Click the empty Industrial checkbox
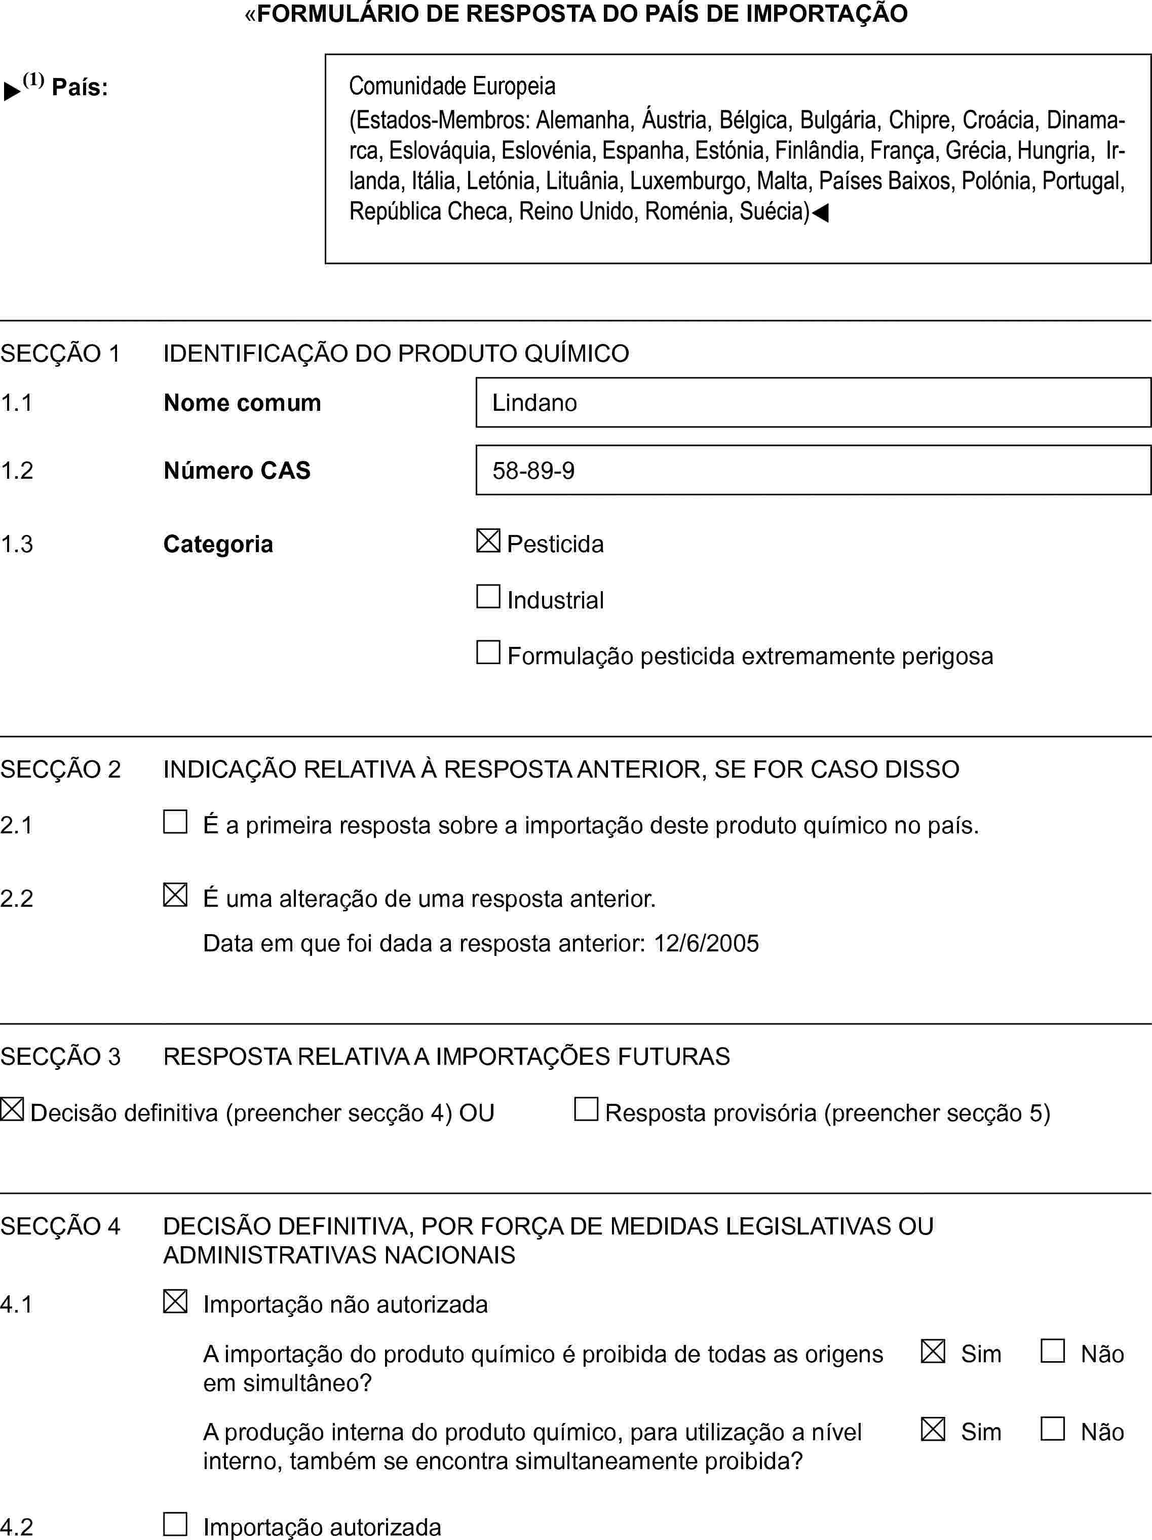point(488,597)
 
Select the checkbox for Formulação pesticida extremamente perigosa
point(488,652)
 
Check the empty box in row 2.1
point(175,822)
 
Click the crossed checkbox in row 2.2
point(175,895)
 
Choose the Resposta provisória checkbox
point(586,1109)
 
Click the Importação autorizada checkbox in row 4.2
point(175,1524)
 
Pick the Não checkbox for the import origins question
point(1053,1351)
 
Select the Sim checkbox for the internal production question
point(933,1429)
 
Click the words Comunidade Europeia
point(452,86)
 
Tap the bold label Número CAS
point(237,471)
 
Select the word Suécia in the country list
point(773,211)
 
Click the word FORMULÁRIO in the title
point(335,14)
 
